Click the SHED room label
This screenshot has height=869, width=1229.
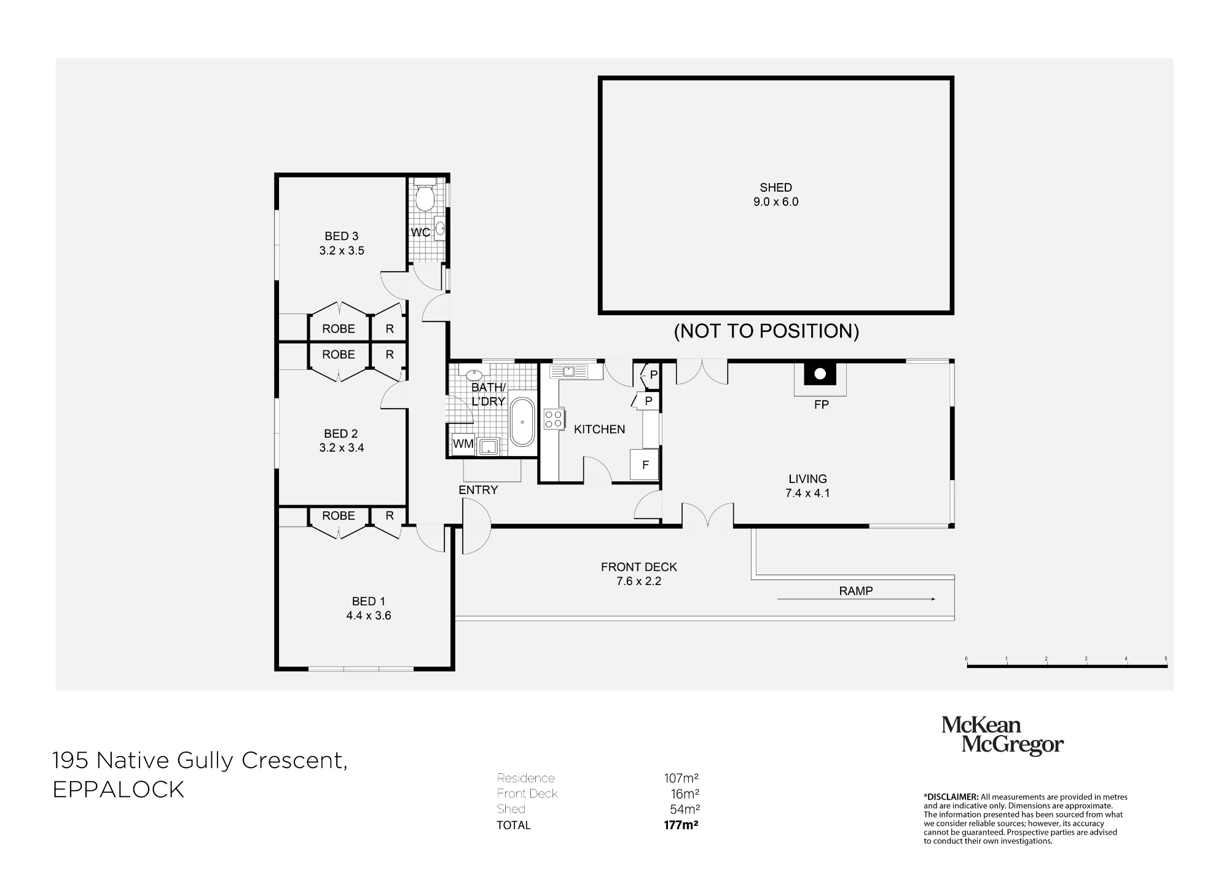tap(775, 187)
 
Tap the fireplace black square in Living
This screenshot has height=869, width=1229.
tap(820, 374)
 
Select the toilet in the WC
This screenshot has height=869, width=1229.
tap(425, 195)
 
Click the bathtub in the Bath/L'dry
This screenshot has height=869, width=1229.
tap(522, 422)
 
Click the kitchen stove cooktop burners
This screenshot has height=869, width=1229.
tap(553, 419)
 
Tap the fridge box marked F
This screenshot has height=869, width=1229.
tap(645, 465)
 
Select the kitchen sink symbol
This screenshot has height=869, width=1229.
tap(568, 371)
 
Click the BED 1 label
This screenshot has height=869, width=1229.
tap(369, 601)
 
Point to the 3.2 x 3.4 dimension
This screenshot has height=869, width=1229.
tap(342, 448)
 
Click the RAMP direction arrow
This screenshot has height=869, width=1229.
tap(856, 599)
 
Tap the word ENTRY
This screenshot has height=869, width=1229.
tap(478, 490)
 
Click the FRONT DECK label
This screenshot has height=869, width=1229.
tap(639, 567)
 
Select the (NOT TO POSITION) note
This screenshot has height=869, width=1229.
tap(766, 331)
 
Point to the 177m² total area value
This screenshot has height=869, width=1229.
tap(681, 825)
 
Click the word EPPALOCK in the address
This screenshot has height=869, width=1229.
tap(119, 790)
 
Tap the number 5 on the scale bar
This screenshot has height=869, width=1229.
tap(1166, 659)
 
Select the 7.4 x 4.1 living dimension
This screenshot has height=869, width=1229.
tap(807, 493)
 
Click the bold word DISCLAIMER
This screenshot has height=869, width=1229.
tap(951, 797)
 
